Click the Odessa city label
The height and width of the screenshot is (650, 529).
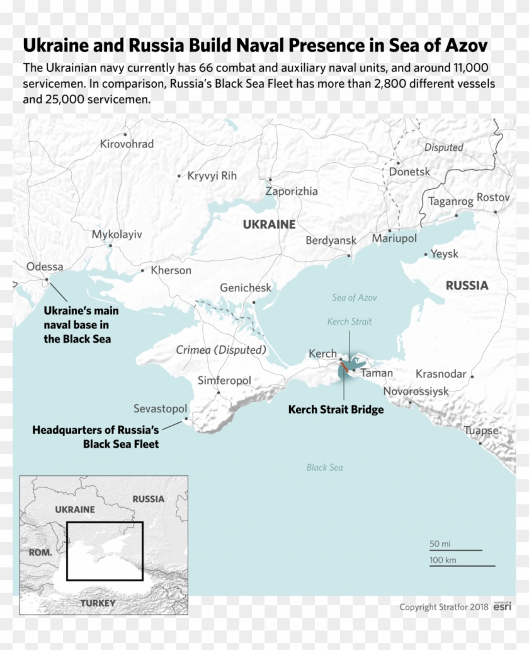(x=45, y=267)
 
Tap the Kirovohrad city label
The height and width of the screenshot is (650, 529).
(x=127, y=144)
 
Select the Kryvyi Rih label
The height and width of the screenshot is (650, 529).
(x=212, y=176)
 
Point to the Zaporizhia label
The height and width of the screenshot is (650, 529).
(x=292, y=191)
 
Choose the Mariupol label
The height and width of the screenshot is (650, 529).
(x=394, y=239)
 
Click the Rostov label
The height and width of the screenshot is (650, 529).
(x=492, y=197)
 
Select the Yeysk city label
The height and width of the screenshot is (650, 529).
(x=445, y=254)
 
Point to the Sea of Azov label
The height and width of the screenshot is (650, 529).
(x=355, y=298)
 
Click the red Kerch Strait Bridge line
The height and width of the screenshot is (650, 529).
(x=344, y=366)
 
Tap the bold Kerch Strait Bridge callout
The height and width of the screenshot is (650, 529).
(x=336, y=410)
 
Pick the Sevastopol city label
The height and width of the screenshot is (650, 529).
(x=160, y=409)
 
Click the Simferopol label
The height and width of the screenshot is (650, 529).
(x=224, y=381)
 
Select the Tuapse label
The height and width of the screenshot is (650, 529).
(x=481, y=431)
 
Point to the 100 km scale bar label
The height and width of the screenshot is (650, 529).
(x=445, y=560)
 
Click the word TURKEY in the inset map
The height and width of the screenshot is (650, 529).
(x=98, y=603)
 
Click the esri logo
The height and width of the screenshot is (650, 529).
(x=501, y=607)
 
